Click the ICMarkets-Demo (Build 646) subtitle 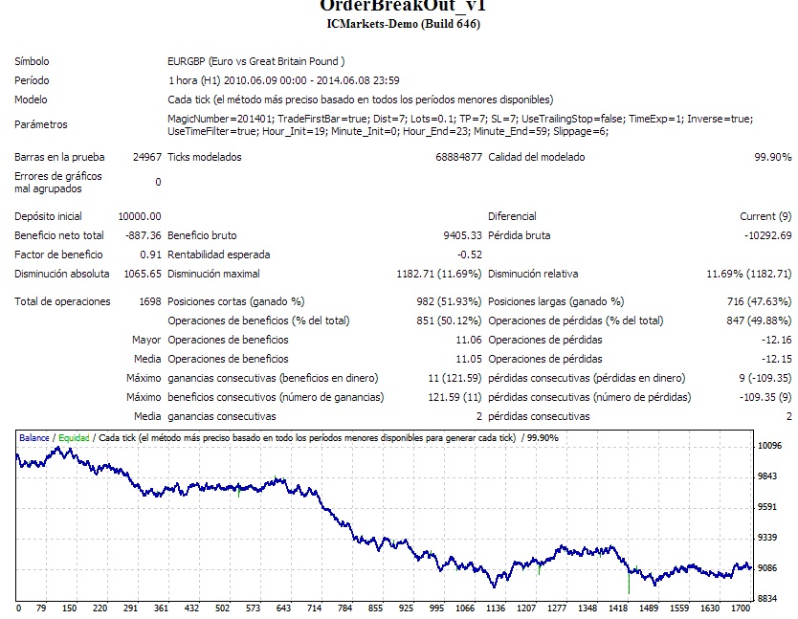[403, 24]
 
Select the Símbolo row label [32, 61]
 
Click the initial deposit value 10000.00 [139, 216]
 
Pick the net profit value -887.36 [143, 235]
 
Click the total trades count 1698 [148, 301]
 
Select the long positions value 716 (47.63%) [757, 301]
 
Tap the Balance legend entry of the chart [34, 438]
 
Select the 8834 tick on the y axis [768, 598]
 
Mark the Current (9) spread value [765, 216]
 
